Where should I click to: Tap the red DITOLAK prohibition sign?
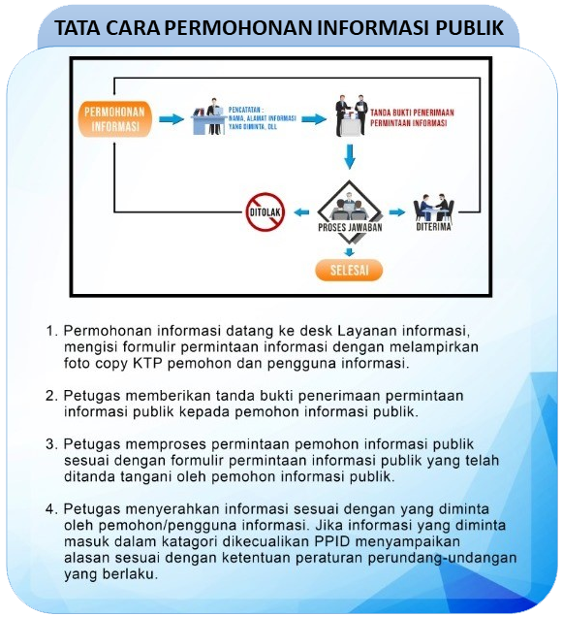click(x=263, y=211)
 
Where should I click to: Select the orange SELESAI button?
click(x=349, y=270)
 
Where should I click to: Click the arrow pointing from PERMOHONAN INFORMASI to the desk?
click(x=172, y=118)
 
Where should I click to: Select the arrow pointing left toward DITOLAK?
click(x=302, y=211)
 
